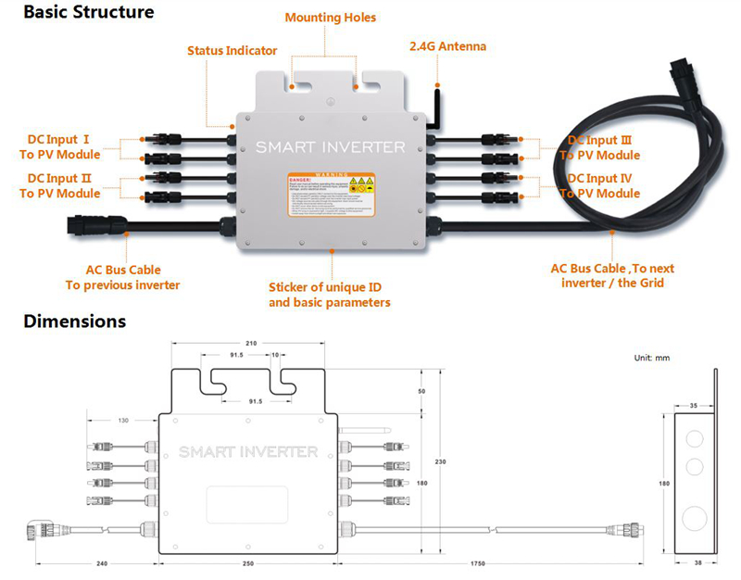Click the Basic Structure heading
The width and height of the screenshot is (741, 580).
tap(76, 13)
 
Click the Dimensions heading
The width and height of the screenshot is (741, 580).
tap(62, 322)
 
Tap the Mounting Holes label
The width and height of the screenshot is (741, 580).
tap(331, 18)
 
